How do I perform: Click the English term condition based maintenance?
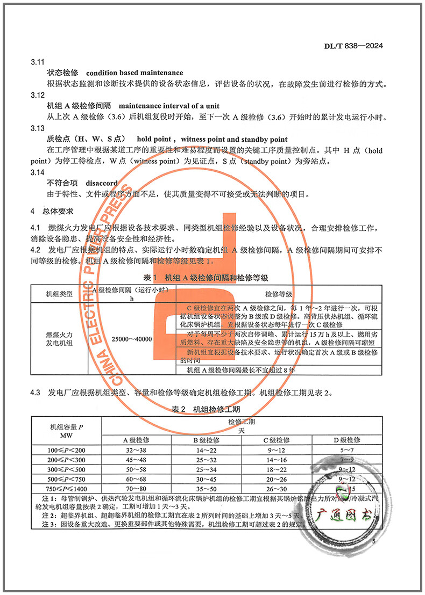tap(134, 73)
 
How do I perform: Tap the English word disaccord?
tap(102, 183)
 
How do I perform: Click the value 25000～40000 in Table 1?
tap(132, 339)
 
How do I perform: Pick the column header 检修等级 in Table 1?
tap(279, 294)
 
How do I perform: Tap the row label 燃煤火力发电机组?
tap(60, 339)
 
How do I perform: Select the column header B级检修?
tap(206, 440)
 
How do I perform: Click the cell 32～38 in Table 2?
tap(136, 450)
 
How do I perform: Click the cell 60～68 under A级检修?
tap(136, 480)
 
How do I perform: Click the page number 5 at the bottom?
tap(373, 541)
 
